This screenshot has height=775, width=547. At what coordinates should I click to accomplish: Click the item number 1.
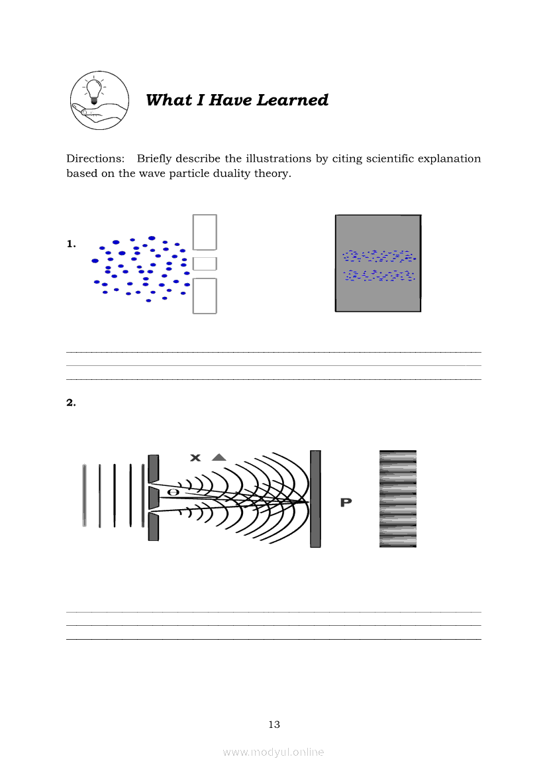(x=71, y=245)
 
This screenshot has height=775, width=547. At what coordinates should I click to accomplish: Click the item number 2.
(x=71, y=402)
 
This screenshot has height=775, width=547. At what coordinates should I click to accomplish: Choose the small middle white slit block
(x=205, y=263)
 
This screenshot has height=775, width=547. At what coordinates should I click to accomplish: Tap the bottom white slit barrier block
(x=205, y=295)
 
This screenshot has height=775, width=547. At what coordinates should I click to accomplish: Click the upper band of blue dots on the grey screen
(x=378, y=255)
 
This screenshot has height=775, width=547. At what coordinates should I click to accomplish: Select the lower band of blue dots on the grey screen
(x=378, y=275)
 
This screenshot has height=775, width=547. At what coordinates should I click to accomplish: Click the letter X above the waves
(x=195, y=457)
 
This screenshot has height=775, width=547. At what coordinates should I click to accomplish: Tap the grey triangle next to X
(x=219, y=457)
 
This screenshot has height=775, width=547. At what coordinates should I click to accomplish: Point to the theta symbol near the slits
(x=174, y=493)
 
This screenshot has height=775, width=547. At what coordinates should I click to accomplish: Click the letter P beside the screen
(x=346, y=503)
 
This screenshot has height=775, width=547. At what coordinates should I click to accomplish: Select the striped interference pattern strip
(x=398, y=499)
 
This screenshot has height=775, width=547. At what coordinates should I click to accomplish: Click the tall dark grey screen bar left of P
(x=315, y=499)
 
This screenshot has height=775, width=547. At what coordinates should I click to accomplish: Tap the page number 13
(x=274, y=725)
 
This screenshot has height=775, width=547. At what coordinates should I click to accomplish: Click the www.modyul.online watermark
(x=273, y=752)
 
